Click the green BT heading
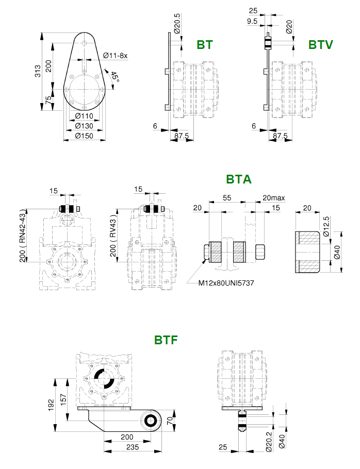(x=205, y=44)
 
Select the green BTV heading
(x=320, y=44)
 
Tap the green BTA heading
(x=238, y=179)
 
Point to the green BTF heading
(x=166, y=340)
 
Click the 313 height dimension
(x=38, y=71)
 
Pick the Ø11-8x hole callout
(x=115, y=55)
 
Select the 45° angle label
(x=114, y=77)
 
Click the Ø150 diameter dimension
(x=84, y=136)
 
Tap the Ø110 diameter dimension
(x=84, y=116)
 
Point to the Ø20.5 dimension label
(x=177, y=23)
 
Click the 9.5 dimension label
(x=252, y=21)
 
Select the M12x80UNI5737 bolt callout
(x=226, y=282)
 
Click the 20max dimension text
(x=274, y=198)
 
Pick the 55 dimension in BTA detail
(x=227, y=198)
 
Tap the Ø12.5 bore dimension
(x=326, y=226)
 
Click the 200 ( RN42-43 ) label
(x=23, y=236)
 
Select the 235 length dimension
(x=133, y=447)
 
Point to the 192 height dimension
(x=51, y=405)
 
